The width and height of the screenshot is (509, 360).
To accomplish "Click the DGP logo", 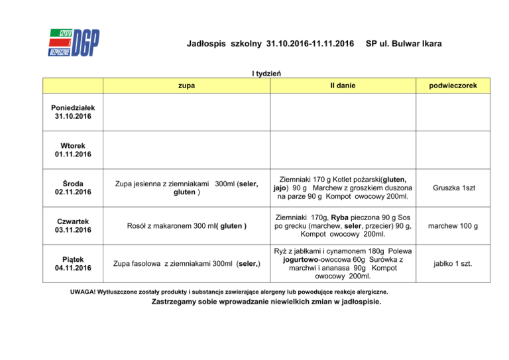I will click(74, 43).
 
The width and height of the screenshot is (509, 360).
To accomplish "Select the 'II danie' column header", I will click(343, 86).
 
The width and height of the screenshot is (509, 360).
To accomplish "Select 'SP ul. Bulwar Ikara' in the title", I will click(404, 44).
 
